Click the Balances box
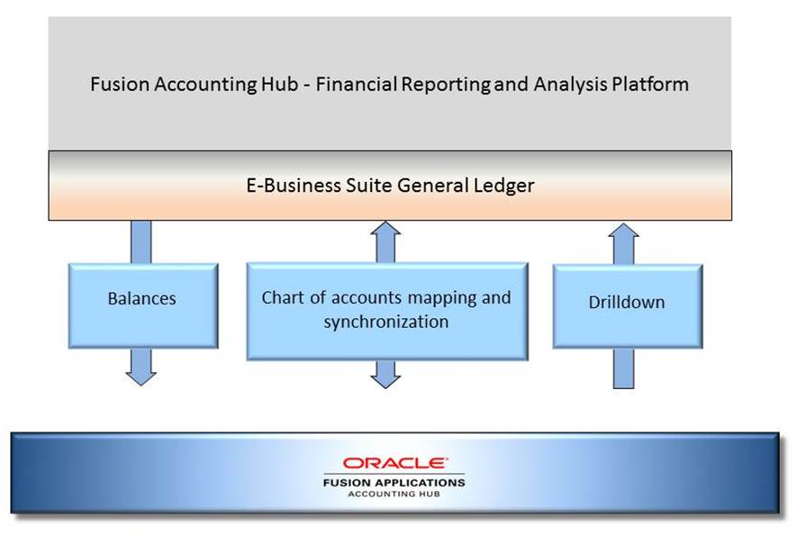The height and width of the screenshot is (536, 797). (x=142, y=305)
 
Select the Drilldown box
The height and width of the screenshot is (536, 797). (x=627, y=306)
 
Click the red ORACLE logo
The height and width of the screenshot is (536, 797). (x=394, y=463)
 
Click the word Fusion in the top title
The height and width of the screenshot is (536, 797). (x=119, y=85)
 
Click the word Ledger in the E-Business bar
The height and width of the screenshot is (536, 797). (x=506, y=186)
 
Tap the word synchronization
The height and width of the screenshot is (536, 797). (x=386, y=322)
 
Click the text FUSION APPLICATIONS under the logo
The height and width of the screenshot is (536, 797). (x=394, y=482)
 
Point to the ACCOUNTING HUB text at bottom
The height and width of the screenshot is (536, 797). (x=394, y=494)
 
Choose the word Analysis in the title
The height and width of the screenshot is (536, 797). (x=566, y=85)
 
